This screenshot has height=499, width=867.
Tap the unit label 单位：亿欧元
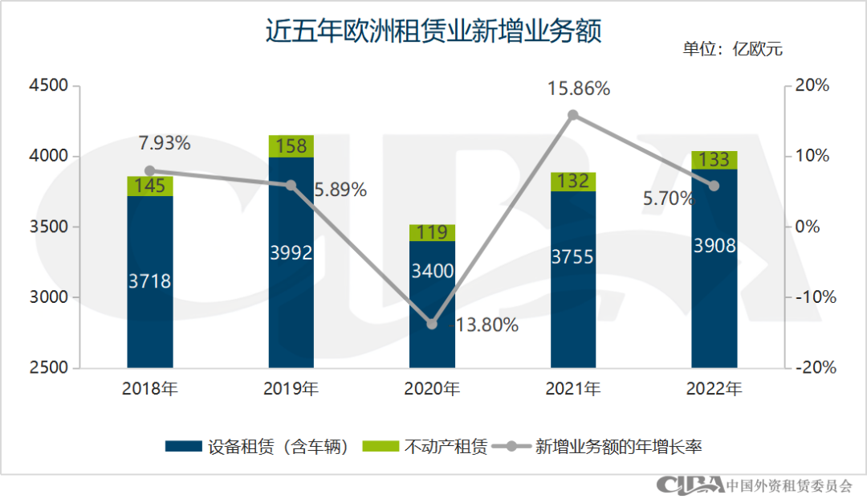pos(732,49)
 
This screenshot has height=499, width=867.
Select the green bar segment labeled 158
pos(291,146)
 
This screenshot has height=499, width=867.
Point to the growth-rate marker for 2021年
pos(573,115)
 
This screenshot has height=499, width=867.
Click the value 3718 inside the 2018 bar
pos(150,281)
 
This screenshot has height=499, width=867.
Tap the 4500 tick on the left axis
pos(50,86)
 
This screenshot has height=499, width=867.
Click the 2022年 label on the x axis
pos(714,390)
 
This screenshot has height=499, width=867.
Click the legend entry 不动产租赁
pos(425,448)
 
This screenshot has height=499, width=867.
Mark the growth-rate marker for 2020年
pos(432,324)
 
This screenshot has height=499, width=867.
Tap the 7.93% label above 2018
pos(165,144)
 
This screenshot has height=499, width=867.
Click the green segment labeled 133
pos(714,160)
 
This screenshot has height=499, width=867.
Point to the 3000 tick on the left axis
pos(50,297)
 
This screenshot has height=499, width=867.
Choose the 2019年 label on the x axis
pos(291,390)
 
